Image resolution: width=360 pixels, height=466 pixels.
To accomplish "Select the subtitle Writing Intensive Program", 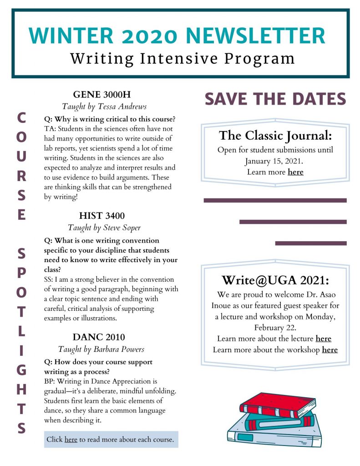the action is click(183, 58).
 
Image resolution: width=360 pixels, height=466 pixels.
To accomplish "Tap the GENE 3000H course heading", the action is click(101, 95).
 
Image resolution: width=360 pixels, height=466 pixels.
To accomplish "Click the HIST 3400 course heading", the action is click(102, 215).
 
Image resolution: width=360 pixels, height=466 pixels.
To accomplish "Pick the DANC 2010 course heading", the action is click(99, 337).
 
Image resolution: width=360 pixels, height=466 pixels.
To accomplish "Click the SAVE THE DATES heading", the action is click(275, 98).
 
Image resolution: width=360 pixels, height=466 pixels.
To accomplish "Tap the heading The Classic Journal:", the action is click(275, 135).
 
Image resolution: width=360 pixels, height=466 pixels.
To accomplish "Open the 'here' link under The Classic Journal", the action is click(295, 172).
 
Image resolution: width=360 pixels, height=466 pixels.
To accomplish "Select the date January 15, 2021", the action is click(274, 161).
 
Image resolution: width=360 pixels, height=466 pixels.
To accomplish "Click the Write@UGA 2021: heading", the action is click(275, 279).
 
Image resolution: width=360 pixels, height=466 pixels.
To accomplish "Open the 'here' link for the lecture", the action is click(323, 339).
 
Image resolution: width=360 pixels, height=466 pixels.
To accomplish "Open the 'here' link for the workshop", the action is click(330, 349).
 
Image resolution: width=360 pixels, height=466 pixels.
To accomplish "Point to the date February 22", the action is click(274, 327).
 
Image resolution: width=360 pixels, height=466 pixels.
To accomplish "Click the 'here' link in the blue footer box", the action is click(71, 440).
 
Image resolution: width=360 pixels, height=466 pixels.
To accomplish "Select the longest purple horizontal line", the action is click(275, 200).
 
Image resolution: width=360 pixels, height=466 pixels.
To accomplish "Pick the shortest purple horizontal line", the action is click(311, 243).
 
